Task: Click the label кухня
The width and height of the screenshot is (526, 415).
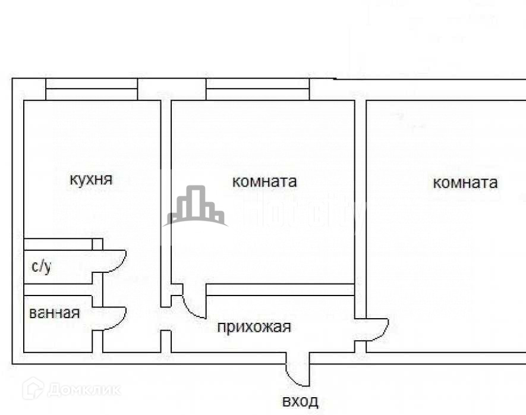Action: point(90,179)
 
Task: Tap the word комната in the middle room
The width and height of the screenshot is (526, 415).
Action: point(264,181)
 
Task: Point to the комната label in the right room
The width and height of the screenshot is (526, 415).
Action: point(465,183)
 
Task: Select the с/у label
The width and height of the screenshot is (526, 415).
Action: point(41,266)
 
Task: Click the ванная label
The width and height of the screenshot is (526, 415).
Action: point(54,313)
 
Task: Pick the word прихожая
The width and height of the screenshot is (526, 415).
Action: point(254,327)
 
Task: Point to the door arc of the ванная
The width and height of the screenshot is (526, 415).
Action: point(117,319)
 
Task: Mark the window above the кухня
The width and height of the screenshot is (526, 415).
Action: point(92,89)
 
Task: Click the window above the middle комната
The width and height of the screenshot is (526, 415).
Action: point(257,89)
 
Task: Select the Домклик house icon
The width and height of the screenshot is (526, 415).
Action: point(33,389)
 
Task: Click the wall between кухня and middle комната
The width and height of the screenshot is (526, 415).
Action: point(166,196)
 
